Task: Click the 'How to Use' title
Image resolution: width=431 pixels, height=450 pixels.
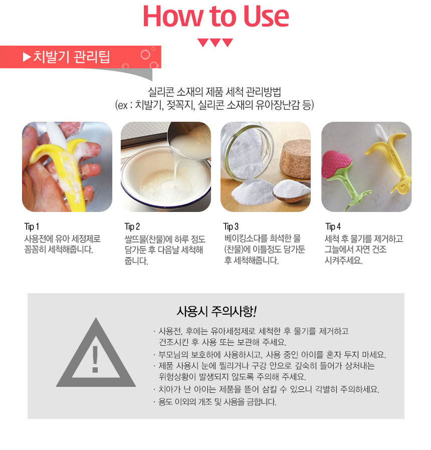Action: tap(215, 17)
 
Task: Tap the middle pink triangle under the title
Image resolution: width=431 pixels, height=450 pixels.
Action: tap(215, 42)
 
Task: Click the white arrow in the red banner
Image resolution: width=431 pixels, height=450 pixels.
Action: tap(27, 57)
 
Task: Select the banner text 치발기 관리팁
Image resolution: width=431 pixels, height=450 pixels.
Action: tap(72, 57)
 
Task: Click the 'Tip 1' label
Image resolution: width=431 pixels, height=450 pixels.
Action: tap(32, 227)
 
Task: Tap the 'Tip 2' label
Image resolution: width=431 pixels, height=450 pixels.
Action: tap(132, 227)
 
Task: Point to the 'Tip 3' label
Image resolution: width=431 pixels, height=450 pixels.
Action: tap(231, 227)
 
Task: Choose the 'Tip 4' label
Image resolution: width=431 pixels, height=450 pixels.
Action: tap(333, 227)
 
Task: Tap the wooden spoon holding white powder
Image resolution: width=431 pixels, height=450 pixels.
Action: tap(291, 190)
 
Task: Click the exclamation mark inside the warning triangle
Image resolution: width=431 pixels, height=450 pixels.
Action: tap(95, 359)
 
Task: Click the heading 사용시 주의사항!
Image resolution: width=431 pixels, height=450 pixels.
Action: tap(217, 311)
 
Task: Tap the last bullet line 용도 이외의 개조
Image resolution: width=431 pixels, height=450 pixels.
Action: tap(217, 402)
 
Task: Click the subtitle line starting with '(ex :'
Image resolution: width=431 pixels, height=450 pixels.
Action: tap(214, 105)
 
